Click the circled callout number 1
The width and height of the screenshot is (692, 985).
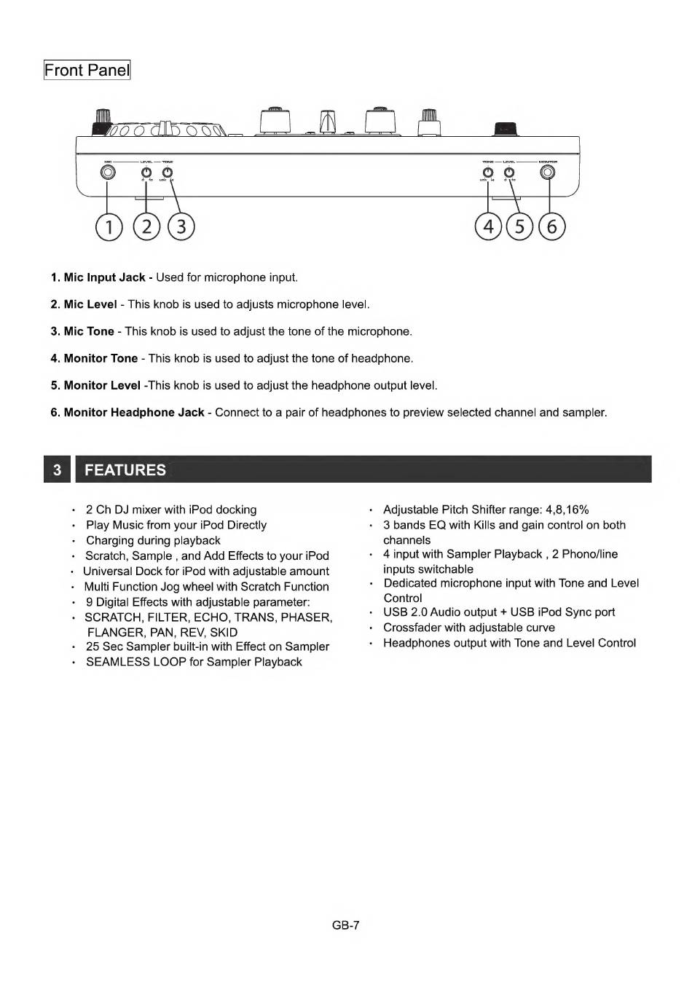pyautogui.click(x=109, y=227)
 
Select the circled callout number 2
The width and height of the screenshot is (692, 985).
pyautogui.click(x=146, y=227)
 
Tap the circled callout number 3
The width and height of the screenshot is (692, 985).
pyautogui.click(x=181, y=227)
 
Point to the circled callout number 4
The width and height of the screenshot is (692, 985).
pyautogui.click(x=488, y=227)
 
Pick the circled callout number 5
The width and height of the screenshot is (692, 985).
pyautogui.click(x=519, y=227)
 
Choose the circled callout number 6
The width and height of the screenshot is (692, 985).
pyautogui.click(x=551, y=227)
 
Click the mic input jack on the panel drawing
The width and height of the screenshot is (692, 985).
pyautogui.click(x=108, y=173)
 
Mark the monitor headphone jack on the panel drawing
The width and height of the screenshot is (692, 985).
pyautogui.click(x=548, y=173)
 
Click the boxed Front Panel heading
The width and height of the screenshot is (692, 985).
pyautogui.click(x=87, y=71)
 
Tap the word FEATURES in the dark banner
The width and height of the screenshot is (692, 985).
pyautogui.click(x=125, y=470)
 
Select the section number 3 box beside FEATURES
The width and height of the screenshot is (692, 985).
pyautogui.click(x=57, y=470)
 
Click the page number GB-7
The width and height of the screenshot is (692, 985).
pyautogui.click(x=345, y=925)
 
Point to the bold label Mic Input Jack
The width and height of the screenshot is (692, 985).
pyautogui.click(x=104, y=277)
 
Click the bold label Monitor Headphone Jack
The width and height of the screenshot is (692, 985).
pyautogui.click(x=133, y=412)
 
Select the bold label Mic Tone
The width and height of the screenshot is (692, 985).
pyautogui.click(x=88, y=331)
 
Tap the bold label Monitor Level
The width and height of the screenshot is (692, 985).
pyautogui.click(x=101, y=385)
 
